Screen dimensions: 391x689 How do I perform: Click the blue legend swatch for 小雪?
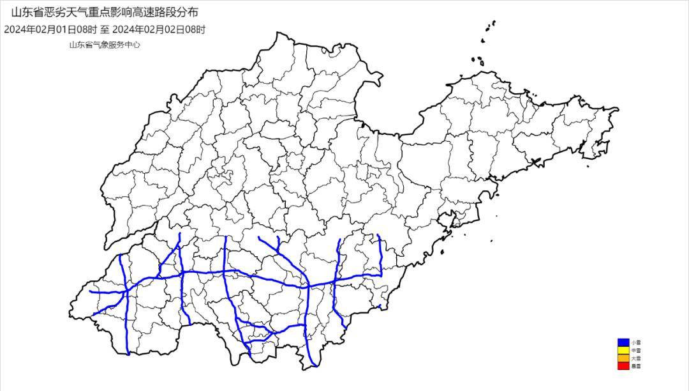click(x=622, y=343)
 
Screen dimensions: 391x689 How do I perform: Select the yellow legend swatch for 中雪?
click(x=622, y=351)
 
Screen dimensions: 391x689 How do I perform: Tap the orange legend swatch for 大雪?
click(x=622, y=358)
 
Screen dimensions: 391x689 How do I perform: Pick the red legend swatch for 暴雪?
click(x=622, y=366)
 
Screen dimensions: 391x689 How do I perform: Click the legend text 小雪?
click(x=635, y=343)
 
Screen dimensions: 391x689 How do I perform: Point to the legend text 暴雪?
click(x=635, y=366)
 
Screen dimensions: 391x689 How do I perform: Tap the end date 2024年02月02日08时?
click(x=159, y=29)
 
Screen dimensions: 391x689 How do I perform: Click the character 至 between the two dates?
click(x=104, y=29)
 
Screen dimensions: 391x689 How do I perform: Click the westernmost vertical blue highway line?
click(x=124, y=300)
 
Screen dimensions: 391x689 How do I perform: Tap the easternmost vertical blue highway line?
click(x=380, y=256)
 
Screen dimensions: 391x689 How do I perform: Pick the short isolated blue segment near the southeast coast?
click(x=379, y=307)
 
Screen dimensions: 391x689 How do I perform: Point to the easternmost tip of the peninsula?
click(x=617, y=111)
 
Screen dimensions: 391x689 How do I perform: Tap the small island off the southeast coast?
click(x=492, y=241)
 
